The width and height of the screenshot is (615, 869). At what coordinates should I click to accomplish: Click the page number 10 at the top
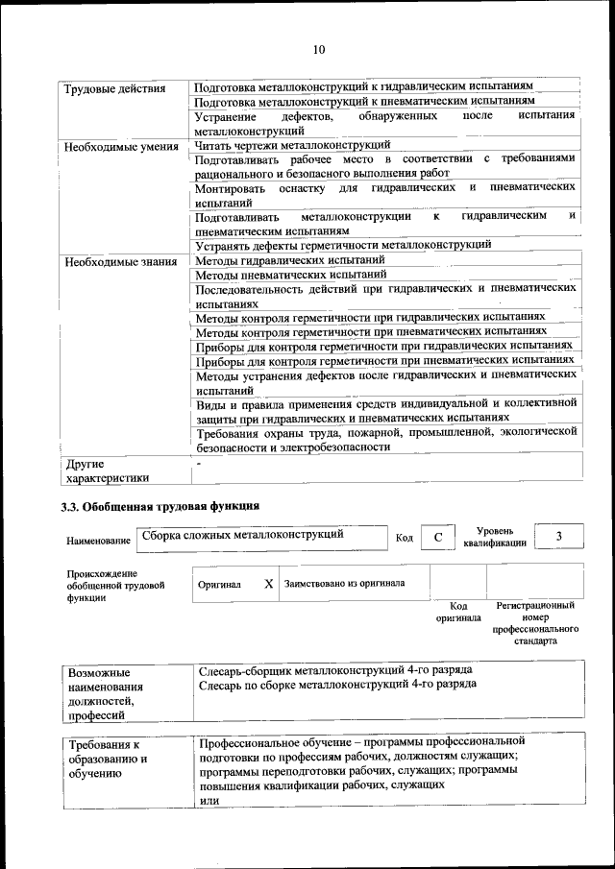[x=319, y=49]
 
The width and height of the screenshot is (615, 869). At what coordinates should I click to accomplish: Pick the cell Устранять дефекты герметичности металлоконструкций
[x=342, y=245]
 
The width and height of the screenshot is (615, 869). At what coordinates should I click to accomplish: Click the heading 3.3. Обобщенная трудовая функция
[x=160, y=506]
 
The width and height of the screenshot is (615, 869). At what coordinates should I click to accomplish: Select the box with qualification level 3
[x=558, y=536]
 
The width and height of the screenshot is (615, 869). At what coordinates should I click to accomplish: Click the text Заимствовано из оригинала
[x=344, y=583]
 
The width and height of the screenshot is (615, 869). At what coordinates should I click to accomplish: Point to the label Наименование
[x=97, y=542]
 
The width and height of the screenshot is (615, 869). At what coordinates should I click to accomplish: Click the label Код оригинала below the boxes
[x=458, y=612]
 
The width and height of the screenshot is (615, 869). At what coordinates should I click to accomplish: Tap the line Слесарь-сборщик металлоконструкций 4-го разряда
[x=334, y=669]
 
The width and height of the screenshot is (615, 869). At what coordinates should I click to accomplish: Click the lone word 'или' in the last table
[x=209, y=801]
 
